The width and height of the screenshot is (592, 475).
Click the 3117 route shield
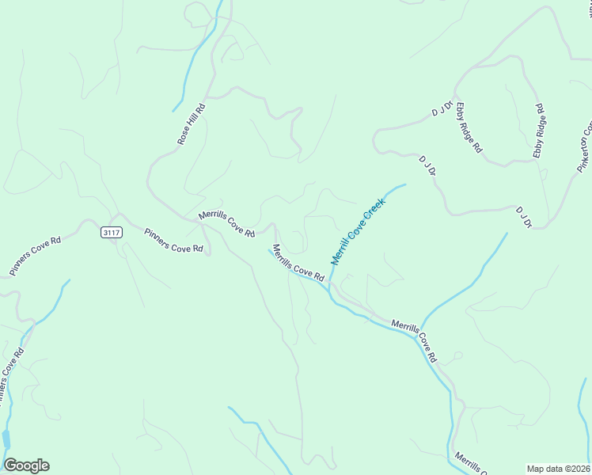(x=112, y=232)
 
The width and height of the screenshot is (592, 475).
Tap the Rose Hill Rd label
(x=191, y=124)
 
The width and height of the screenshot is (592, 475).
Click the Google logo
(x=26, y=465)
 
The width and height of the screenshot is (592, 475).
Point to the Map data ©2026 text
(x=557, y=468)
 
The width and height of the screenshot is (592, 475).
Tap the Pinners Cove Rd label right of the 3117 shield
(x=173, y=240)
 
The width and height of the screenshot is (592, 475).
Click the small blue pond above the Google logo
(x=6, y=438)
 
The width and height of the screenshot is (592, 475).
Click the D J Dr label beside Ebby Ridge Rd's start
(x=442, y=108)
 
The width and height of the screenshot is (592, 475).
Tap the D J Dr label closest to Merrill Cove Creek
(x=428, y=165)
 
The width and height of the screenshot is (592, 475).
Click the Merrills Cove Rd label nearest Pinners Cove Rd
(x=226, y=224)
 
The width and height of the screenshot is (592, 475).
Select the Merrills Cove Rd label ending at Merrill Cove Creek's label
(x=298, y=264)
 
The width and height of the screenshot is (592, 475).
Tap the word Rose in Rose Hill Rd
(x=184, y=136)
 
